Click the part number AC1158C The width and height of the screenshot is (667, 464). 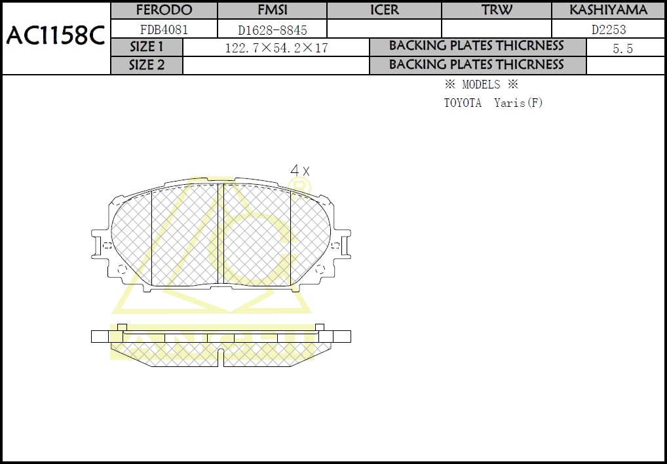click(56, 37)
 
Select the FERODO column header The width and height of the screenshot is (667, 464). click(164, 10)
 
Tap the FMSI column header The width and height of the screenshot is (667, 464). click(273, 10)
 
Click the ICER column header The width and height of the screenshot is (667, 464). click(384, 10)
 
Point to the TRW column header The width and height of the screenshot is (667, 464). click(497, 10)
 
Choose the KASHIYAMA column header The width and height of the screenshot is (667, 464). click(608, 10)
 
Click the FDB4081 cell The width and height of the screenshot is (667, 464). click(164, 29)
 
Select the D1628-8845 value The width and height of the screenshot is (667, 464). click(273, 30)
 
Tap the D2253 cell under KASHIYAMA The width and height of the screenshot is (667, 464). click(609, 29)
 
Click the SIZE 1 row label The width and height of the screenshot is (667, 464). click(147, 47)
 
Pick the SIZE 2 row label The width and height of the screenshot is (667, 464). click(147, 66)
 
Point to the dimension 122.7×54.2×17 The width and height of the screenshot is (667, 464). click(276, 48)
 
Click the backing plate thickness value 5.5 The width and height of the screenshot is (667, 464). click(622, 48)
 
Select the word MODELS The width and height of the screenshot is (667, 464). click(481, 85)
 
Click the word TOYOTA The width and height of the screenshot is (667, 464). click(463, 103)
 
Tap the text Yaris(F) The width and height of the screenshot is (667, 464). click(518, 103)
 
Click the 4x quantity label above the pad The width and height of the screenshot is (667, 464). click(299, 170)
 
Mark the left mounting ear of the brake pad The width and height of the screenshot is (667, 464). click(102, 245)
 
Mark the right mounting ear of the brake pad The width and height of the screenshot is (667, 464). click(340, 245)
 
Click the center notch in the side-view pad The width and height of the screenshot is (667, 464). click(221, 358)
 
